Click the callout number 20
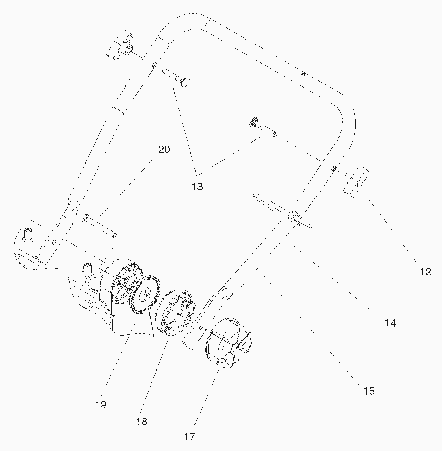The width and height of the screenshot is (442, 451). (x=164, y=150)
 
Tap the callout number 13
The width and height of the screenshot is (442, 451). (x=197, y=187)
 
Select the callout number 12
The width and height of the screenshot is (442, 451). (x=426, y=272)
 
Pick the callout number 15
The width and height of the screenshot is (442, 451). (x=369, y=391)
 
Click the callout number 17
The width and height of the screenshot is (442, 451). (x=190, y=436)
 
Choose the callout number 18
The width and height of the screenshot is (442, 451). (x=142, y=421)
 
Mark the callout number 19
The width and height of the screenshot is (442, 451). (x=101, y=404)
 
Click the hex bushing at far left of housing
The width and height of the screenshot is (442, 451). (x=28, y=234)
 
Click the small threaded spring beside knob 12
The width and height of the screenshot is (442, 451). (x=334, y=168)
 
